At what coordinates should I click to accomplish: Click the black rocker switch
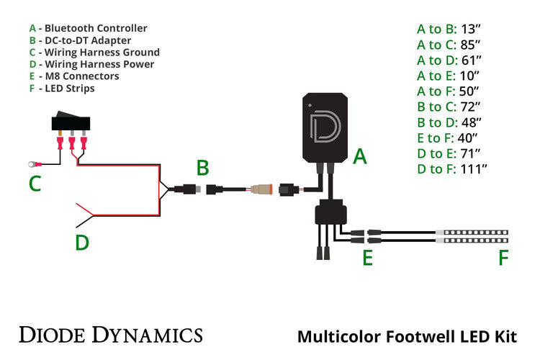click(x=71, y=122)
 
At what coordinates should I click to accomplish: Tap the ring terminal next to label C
click(x=32, y=163)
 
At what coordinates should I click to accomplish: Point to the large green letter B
click(x=203, y=168)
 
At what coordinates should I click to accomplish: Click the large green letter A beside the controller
click(x=360, y=155)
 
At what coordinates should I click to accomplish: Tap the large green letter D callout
click(x=82, y=243)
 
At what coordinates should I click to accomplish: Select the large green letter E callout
click(x=367, y=257)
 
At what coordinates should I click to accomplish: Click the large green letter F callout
click(x=503, y=257)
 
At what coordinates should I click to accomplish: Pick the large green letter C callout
click(x=35, y=184)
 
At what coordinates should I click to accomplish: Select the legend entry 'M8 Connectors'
click(x=78, y=76)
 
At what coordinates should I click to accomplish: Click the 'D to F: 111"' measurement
click(x=453, y=168)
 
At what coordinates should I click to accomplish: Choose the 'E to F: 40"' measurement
click(x=449, y=138)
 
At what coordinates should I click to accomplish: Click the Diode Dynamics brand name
click(x=110, y=335)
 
